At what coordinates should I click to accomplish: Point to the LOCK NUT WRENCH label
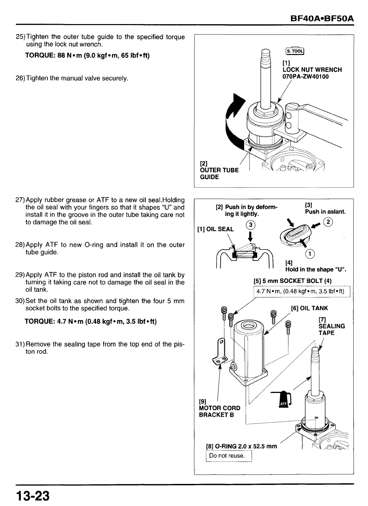point(312,70)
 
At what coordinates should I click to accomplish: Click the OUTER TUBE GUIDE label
point(219,173)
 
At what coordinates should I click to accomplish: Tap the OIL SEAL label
point(216,229)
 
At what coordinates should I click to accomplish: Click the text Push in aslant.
point(325,212)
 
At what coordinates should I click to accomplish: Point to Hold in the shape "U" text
point(315,269)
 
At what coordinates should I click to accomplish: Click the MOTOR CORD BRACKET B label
point(219,411)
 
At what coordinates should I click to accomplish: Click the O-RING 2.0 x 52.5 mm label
point(242,446)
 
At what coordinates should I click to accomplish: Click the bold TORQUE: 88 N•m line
point(87,55)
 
